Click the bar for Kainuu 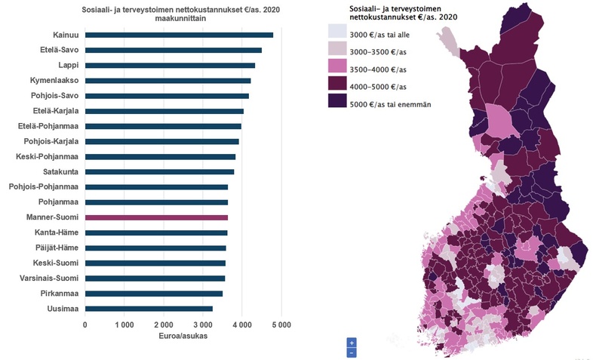click(179, 35)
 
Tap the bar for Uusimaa click(149, 309)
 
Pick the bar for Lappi click(170, 66)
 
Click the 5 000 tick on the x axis click(281, 325)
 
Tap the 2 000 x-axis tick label click(164, 325)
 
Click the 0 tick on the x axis click(85, 325)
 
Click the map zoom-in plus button click(352, 343)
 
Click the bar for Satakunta click(159, 172)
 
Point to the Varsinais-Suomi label click(45, 278)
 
